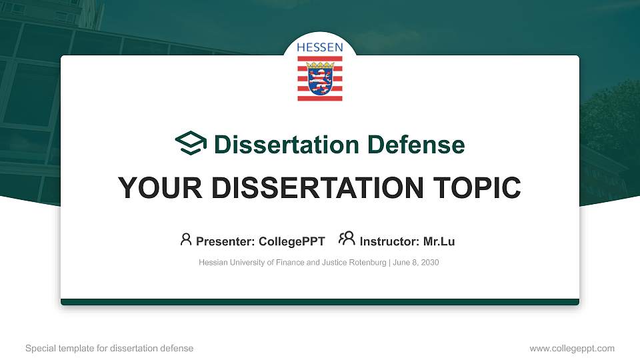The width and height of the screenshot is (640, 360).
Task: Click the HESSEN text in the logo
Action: point(320,47)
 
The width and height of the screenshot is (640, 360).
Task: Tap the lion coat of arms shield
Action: point(320,78)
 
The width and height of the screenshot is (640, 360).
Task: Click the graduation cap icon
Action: point(191,143)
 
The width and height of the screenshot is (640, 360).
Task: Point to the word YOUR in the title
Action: point(157,188)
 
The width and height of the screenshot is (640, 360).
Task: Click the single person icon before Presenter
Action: point(186,239)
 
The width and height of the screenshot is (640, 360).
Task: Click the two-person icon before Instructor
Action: point(347,239)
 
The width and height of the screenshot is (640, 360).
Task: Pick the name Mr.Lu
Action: point(439,241)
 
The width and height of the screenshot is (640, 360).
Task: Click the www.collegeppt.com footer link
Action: point(572,349)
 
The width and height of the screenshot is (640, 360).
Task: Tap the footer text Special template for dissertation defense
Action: point(109,349)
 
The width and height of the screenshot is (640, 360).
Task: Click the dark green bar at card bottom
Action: point(320,302)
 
